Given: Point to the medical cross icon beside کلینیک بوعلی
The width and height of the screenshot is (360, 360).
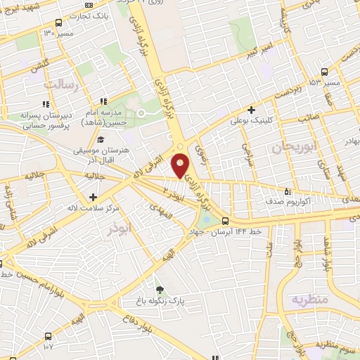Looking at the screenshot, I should (x=251, y=109).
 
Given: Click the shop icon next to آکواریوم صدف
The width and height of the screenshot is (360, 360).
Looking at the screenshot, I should (x=288, y=190).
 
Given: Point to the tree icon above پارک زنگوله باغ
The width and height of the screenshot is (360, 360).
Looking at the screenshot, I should (x=160, y=289).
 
